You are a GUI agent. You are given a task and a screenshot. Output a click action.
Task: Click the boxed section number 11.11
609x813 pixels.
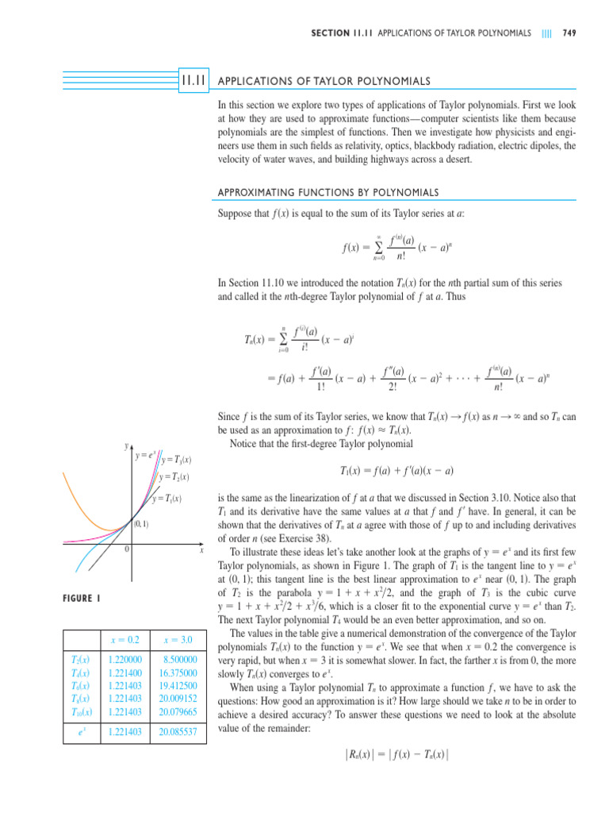(x=193, y=80)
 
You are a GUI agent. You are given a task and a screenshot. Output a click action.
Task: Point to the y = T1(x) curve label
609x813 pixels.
(x=167, y=499)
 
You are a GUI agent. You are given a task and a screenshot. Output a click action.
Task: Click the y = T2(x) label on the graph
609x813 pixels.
(x=177, y=477)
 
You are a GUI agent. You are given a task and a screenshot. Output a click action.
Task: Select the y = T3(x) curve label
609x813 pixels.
(x=179, y=460)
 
